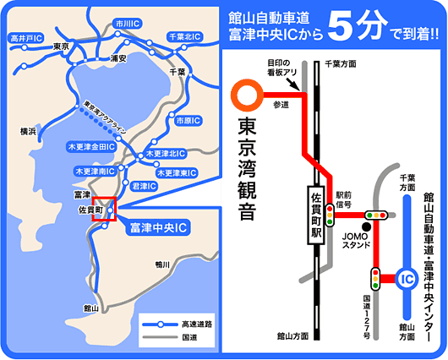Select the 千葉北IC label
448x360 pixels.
point(185,37)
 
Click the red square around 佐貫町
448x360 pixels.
point(103,209)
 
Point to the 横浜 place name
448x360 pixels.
point(30,132)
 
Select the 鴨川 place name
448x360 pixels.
point(163,265)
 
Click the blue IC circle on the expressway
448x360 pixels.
point(407,277)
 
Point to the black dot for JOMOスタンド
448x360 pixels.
point(366,226)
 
